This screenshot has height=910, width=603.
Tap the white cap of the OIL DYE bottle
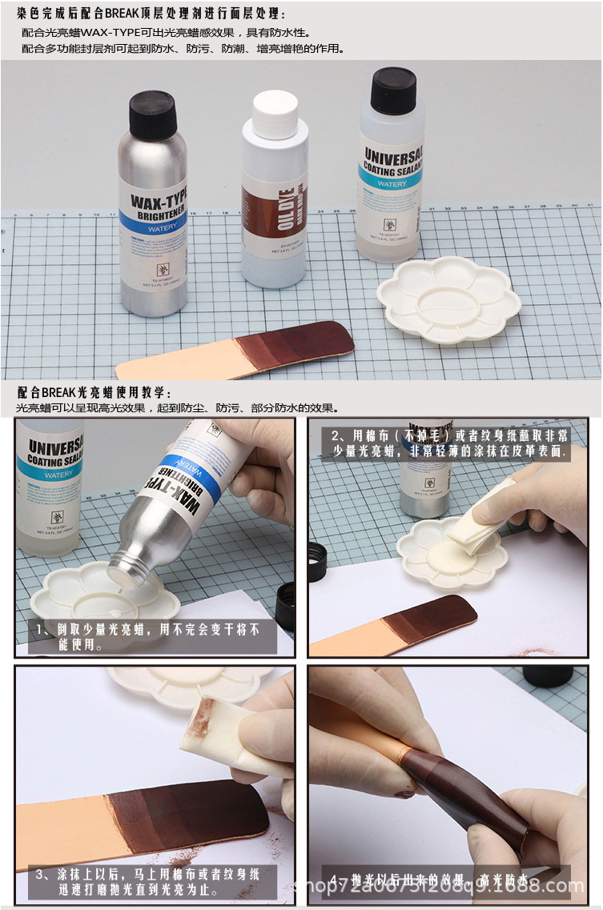(x=275, y=114)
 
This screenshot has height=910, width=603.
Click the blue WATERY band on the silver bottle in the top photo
(x=152, y=226)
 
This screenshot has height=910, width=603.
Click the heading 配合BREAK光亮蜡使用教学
(x=94, y=392)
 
